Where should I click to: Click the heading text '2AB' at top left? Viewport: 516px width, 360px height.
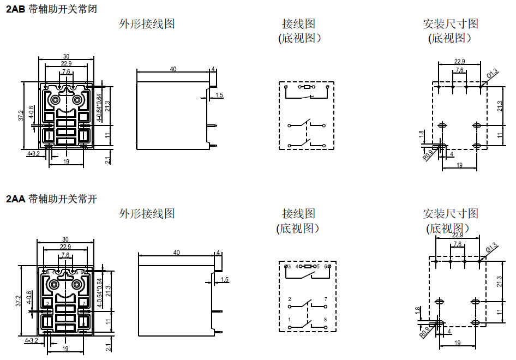15,9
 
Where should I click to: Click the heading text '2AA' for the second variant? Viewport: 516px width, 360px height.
15,199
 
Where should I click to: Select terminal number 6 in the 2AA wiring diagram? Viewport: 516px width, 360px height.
325,266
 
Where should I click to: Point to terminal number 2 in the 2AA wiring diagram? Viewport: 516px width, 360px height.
289,299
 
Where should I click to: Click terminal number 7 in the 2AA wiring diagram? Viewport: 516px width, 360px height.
325,299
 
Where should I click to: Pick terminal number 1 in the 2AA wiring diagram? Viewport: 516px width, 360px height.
289,319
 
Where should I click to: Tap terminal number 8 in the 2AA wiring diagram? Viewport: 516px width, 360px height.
325,319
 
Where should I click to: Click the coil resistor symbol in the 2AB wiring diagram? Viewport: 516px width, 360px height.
307,87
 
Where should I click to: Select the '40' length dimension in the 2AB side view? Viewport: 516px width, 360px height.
173,69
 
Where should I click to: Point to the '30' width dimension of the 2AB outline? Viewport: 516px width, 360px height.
66,56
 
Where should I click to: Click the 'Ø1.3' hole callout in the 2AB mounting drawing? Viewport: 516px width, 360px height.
491,73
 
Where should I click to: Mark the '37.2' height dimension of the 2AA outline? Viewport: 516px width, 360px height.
18,301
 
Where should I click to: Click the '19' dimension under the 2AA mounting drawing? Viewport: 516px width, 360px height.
457,343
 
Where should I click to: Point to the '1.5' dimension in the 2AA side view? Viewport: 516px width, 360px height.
224,280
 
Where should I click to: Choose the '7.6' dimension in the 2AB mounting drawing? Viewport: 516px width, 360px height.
459,70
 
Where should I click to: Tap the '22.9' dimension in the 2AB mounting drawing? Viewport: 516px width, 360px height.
459,61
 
